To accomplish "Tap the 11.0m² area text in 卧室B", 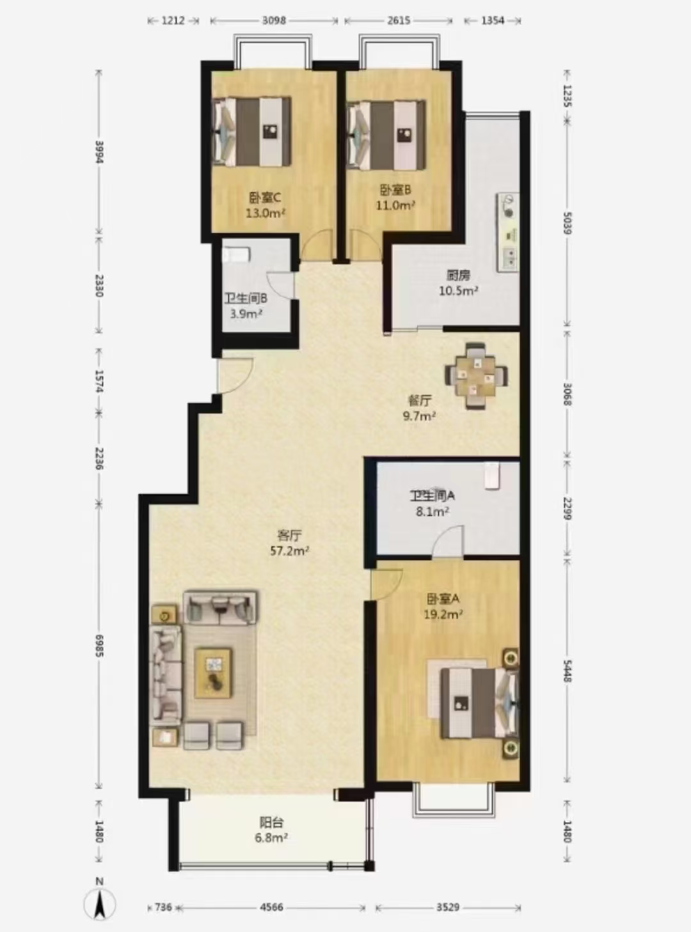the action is [x=396, y=205].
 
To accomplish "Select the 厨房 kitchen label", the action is [x=458, y=276].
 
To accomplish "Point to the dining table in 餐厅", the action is [x=477, y=376].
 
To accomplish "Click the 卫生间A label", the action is [x=433, y=496].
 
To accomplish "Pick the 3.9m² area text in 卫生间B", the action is [x=246, y=313].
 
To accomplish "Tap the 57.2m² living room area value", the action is [x=290, y=550].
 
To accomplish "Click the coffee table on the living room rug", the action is [x=214, y=673].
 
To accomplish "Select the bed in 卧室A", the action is [x=479, y=703].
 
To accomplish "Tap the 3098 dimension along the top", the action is [x=274, y=20].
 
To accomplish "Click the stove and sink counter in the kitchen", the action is [x=509, y=232].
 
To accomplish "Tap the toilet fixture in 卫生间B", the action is [x=236, y=254].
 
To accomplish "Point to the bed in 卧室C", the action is [x=252, y=132].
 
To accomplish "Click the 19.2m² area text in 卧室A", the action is [x=443, y=615].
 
